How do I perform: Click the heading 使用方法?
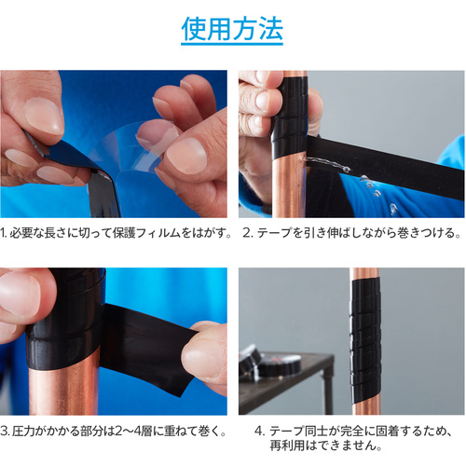232,29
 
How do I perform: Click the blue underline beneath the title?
232,44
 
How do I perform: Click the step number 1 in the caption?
3,233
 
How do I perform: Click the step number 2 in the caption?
246,233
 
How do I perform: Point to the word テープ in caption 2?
275,233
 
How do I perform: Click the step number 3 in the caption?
4,432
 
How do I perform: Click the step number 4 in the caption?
258,432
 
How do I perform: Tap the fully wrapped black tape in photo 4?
365,338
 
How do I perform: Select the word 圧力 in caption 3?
23,432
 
